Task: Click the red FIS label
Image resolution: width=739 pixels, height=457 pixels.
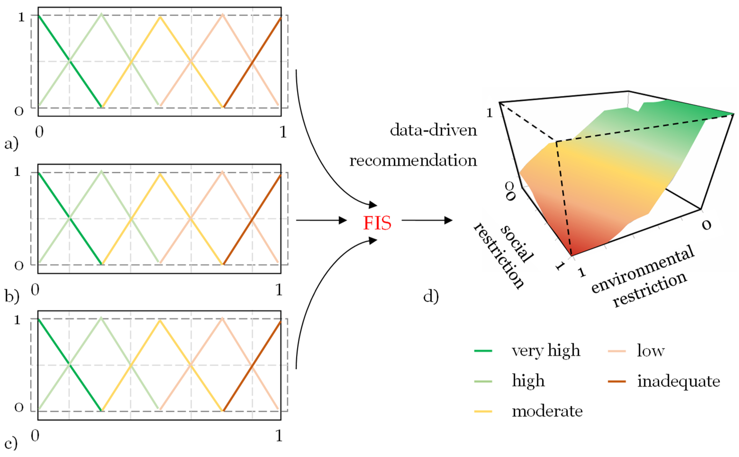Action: tap(377, 223)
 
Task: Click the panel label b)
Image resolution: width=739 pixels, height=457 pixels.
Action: tap(12, 296)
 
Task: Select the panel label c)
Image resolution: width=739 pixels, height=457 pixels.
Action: tap(11, 443)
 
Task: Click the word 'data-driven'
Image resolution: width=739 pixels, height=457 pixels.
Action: tap(433, 130)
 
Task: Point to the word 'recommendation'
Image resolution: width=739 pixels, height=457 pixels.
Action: tap(413, 160)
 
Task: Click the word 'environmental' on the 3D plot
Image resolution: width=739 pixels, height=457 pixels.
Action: tap(642, 269)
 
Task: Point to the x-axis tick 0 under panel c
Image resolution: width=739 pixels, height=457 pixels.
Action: tap(35, 436)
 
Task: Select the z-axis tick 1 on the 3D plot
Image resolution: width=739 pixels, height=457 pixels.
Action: tap(489, 113)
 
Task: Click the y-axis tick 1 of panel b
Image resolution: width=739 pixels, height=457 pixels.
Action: tap(17, 172)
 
